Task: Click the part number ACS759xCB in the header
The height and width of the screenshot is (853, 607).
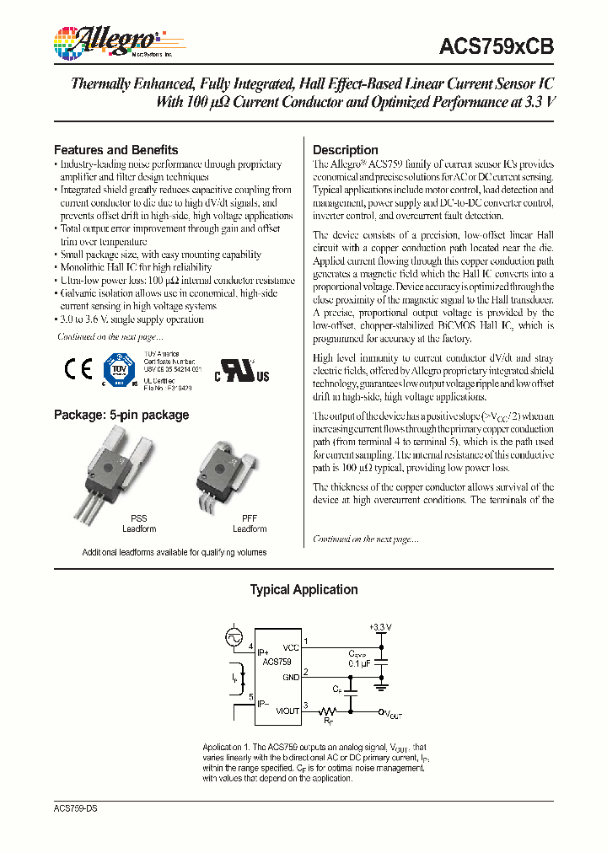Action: tap(496, 48)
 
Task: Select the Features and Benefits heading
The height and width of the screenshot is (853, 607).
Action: tap(115, 149)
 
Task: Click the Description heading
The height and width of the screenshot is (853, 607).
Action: tap(345, 149)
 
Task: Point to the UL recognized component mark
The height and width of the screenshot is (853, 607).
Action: tap(244, 373)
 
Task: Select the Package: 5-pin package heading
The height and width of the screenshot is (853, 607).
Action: tap(121, 415)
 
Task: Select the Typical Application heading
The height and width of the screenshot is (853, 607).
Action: tap(303, 590)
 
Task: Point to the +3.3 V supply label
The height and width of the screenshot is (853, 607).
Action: tap(380, 628)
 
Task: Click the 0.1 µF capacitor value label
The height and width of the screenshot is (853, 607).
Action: tap(359, 663)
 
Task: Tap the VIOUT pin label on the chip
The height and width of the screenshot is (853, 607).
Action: tap(287, 711)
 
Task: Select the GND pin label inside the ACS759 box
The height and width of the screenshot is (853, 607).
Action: tap(290, 676)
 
